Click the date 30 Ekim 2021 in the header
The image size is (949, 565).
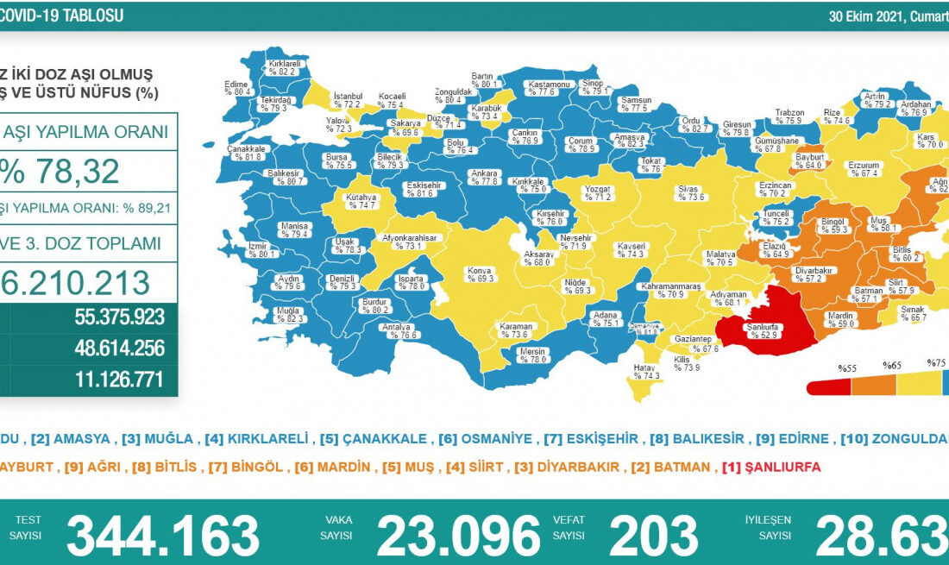click(x=865, y=16)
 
